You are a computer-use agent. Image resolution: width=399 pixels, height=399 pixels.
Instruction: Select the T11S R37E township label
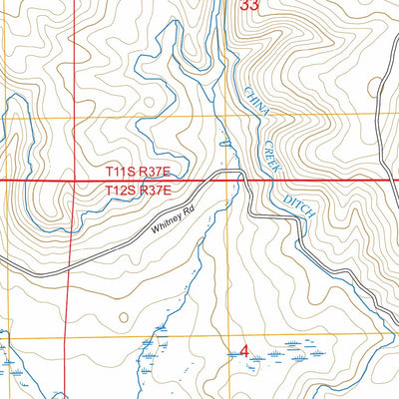[140, 172]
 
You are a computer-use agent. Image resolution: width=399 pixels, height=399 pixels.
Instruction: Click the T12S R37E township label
[140, 189]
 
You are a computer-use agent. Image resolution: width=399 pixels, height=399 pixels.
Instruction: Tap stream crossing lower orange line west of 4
[157, 337]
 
